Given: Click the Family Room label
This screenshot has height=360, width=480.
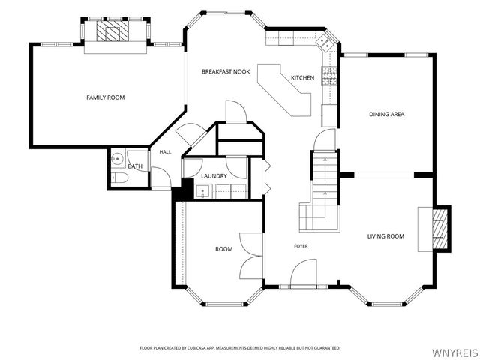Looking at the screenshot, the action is (x=105, y=97).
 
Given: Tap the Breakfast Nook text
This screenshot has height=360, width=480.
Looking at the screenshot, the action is (x=226, y=72).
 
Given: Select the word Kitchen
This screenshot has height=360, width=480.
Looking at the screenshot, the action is (x=302, y=78).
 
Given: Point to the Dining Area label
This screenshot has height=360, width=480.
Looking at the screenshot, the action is (x=387, y=114).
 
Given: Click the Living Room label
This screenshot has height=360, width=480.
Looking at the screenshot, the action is (x=385, y=236).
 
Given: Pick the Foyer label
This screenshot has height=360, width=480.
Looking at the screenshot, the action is (x=301, y=246).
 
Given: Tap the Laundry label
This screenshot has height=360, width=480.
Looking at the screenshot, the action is (x=214, y=176).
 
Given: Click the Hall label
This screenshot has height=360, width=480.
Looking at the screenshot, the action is (x=165, y=152).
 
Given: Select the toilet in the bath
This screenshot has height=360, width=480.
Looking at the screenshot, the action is (x=118, y=178).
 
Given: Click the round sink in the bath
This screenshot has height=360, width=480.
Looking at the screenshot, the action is (x=117, y=158).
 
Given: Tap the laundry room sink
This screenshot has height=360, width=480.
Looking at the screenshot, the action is (x=202, y=191).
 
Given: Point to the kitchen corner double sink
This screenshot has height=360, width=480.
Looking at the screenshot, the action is (x=324, y=43).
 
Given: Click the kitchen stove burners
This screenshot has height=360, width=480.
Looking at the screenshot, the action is (x=329, y=76).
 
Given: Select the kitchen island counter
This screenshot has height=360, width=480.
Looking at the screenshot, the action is (x=284, y=90).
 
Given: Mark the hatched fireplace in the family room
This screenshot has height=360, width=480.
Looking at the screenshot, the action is (x=112, y=31).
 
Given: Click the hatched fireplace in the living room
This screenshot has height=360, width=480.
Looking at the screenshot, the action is (x=439, y=229).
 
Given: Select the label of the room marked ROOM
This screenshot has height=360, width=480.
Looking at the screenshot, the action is (x=224, y=249).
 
